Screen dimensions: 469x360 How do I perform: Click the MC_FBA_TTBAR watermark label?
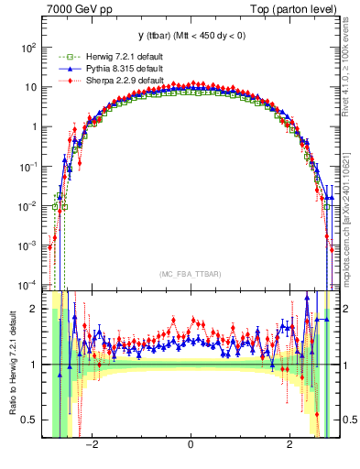click(190, 273)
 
